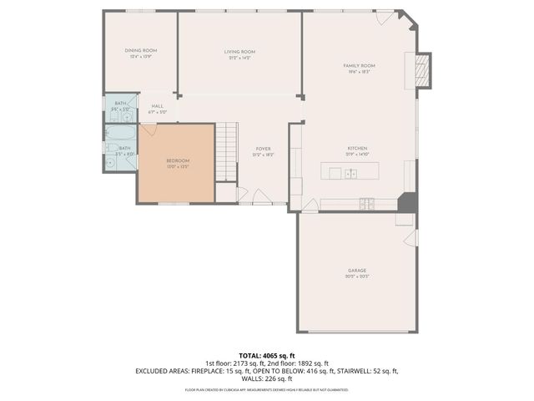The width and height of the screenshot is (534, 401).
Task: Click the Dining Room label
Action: point(140,51)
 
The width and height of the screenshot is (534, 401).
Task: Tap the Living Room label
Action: point(239,52)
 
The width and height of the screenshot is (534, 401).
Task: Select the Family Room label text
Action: point(359,65)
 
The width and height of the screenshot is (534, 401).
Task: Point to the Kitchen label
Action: point(357,149)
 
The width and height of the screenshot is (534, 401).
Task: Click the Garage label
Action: point(357,271)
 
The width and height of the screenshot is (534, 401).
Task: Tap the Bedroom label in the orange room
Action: point(177,160)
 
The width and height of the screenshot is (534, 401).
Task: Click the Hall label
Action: point(157,106)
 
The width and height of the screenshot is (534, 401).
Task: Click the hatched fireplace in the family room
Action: point(423,70)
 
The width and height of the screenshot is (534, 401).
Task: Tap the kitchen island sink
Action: point(351,174)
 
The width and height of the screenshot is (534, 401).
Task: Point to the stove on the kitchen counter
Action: point(366,203)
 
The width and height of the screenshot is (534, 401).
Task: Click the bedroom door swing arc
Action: point(149,129)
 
